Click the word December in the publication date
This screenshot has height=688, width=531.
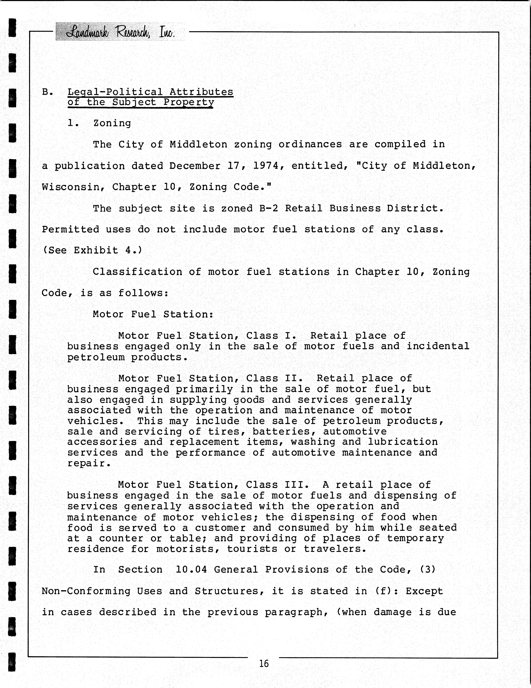coord(195,166)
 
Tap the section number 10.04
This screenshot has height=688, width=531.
coord(191,570)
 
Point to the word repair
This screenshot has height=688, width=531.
coord(89,463)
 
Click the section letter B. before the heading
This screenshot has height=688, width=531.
coord(47,92)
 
